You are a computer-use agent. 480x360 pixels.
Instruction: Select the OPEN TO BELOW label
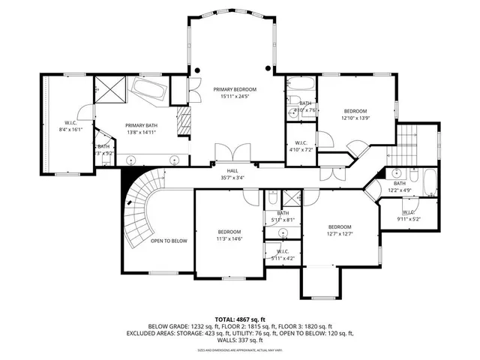tap(169, 241)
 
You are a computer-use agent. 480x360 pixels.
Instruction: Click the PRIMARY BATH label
tap(141, 125)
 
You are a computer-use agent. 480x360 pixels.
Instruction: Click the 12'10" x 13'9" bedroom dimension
tap(356, 118)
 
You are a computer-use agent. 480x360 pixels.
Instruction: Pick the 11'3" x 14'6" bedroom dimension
tap(229, 239)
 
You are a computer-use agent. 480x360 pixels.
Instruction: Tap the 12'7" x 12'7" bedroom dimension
tap(339, 235)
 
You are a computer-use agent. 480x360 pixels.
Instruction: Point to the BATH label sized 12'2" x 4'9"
tap(399, 183)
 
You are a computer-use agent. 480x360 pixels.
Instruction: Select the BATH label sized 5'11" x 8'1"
tap(283, 213)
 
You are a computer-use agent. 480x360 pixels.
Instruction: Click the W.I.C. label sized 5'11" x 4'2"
tap(283, 251)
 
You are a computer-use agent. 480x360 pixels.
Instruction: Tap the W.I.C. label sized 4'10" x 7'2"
tap(300, 142)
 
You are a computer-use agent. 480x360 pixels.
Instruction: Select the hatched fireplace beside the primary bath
tap(183, 120)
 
